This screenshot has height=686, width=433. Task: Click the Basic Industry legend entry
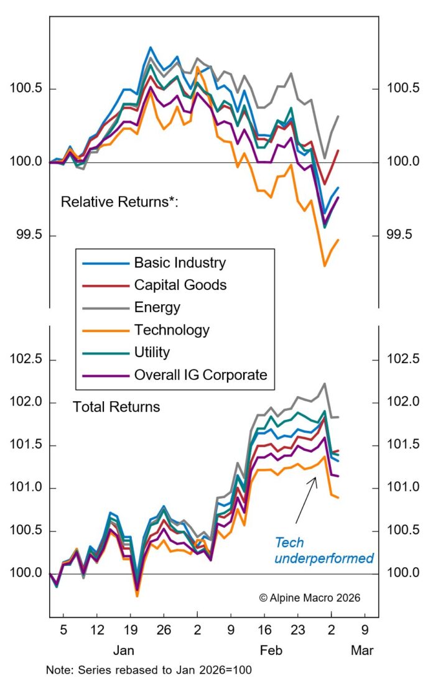tap(180, 262)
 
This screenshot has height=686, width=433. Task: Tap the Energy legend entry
tap(157, 307)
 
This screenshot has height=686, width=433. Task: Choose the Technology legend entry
tap(172, 330)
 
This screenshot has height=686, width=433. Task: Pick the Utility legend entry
tap(152, 352)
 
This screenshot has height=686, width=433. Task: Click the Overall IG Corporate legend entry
tap(200, 374)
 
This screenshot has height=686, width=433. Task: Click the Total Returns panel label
tap(116, 407)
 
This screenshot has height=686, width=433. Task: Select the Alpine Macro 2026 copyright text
tap(309, 597)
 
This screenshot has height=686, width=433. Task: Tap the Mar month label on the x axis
tap(362, 651)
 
